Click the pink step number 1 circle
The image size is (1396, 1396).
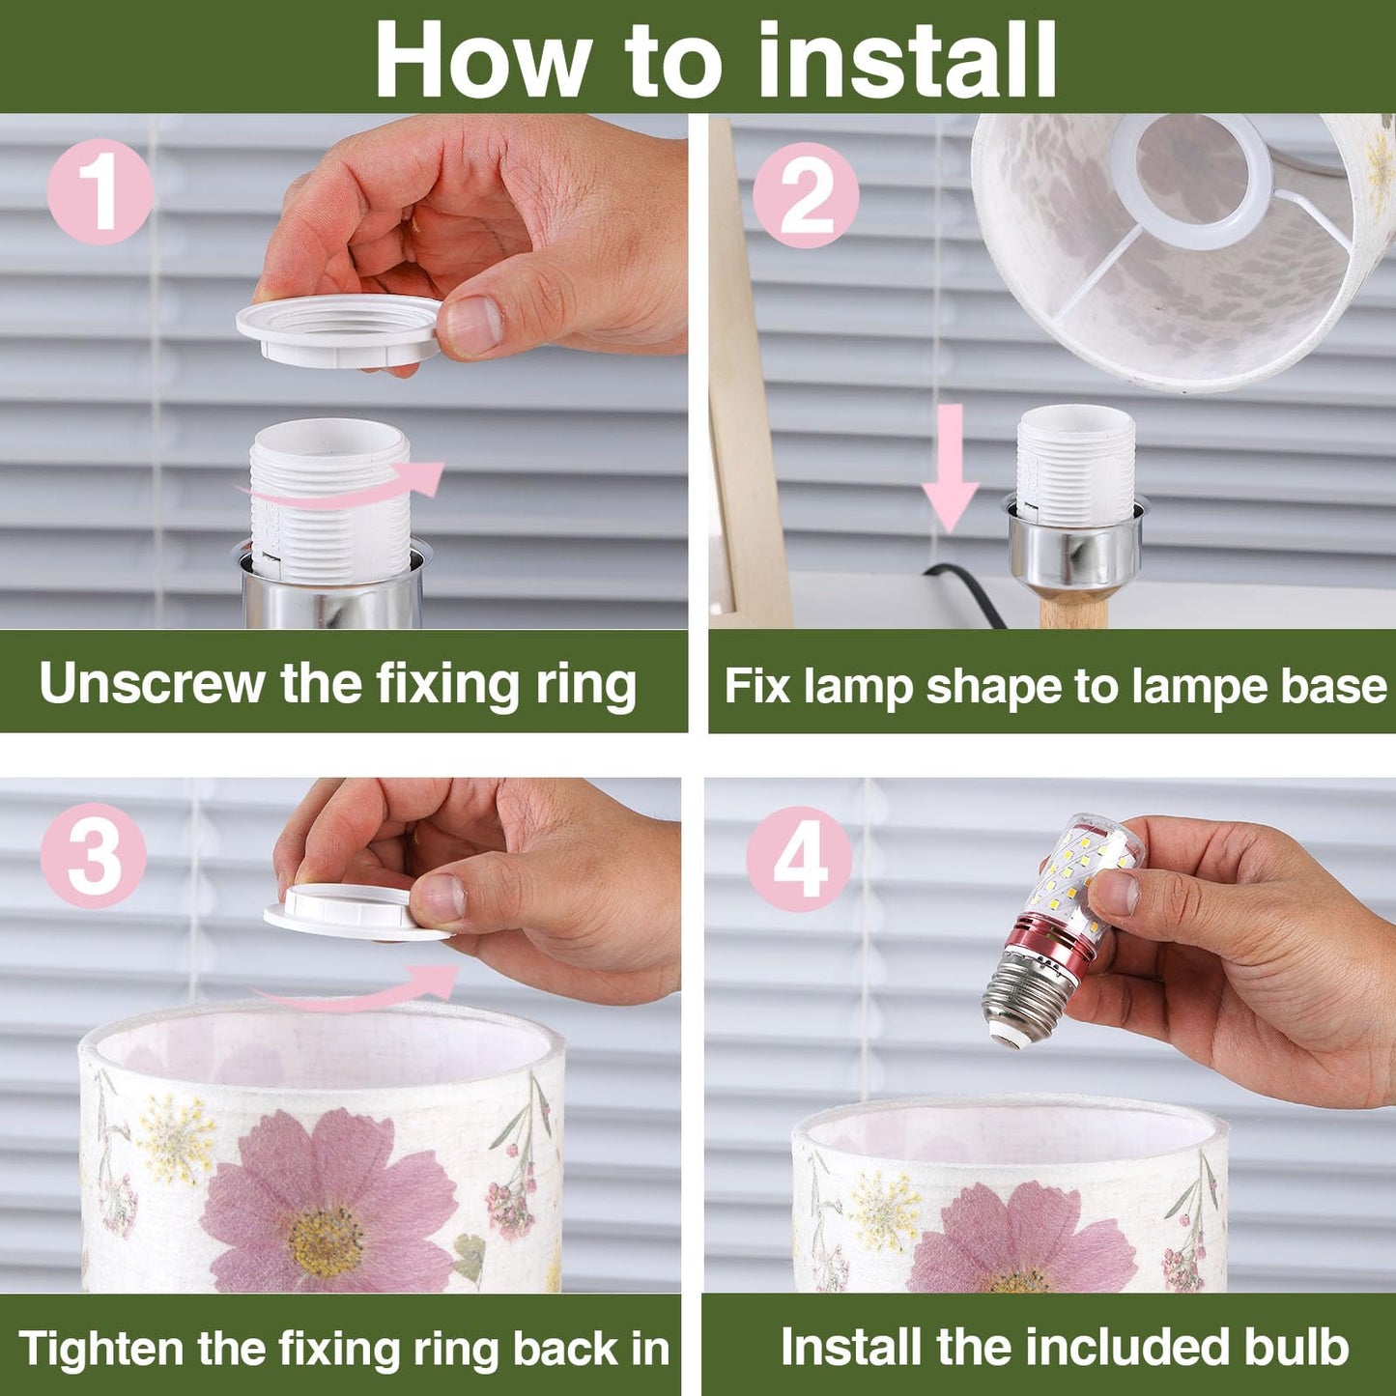tap(100, 191)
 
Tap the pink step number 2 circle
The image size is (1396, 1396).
tap(805, 196)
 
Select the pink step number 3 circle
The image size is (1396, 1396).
tap(94, 855)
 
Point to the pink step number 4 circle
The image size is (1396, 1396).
tap(799, 859)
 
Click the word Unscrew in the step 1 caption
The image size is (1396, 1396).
tap(152, 684)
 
